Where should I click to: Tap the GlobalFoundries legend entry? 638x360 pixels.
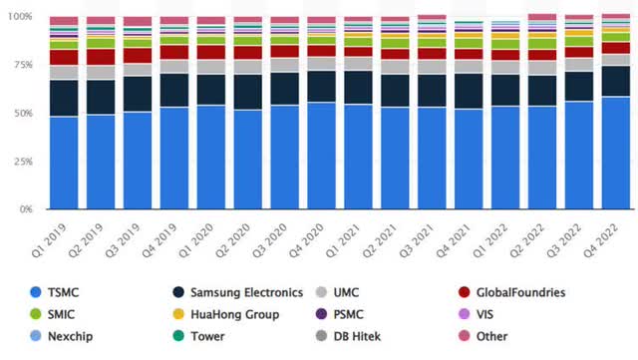click(544, 293)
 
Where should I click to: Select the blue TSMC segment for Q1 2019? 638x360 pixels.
click(64, 164)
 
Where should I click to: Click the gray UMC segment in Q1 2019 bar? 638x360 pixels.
click(64, 72)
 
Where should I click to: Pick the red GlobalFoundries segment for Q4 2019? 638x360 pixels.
click(174, 52)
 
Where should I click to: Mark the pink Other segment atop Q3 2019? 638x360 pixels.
click(138, 21)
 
